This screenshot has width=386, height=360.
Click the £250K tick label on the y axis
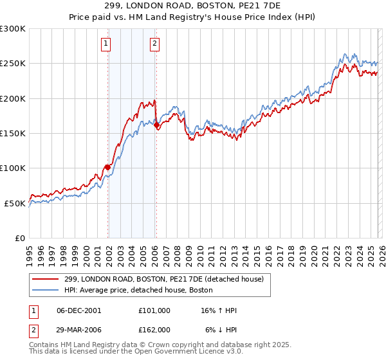(13, 64)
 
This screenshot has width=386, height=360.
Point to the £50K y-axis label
(15, 203)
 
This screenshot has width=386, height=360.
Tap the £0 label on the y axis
(20, 238)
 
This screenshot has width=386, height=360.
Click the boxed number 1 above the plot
(106, 44)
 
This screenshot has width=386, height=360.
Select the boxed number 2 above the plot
(155, 44)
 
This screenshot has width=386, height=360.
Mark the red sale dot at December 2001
(107, 168)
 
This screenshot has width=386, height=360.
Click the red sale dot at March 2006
(157, 125)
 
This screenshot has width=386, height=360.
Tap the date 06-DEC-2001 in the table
(79, 310)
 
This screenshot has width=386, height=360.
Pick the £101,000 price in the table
(154, 310)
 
